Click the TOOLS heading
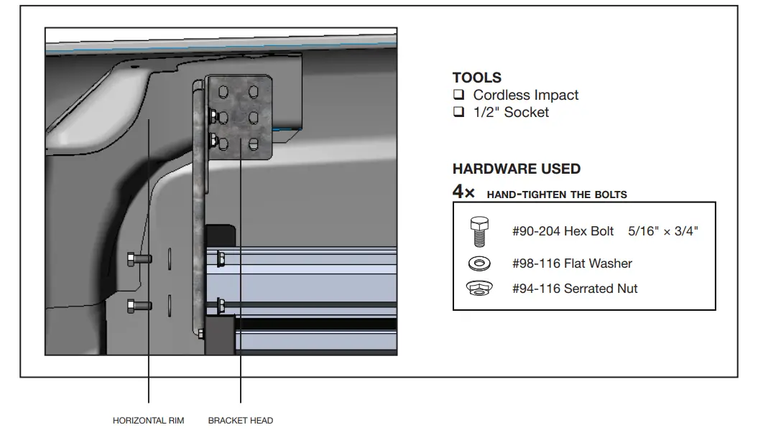pyautogui.click(x=476, y=78)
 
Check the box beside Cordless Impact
pyautogui.click(x=458, y=94)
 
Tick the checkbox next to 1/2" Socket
pyautogui.click(x=458, y=111)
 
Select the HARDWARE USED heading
pyautogui.click(x=517, y=169)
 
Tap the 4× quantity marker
pyautogui.click(x=463, y=192)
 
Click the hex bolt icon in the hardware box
pyautogui.click(x=479, y=232)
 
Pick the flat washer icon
pyautogui.click(x=479, y=263)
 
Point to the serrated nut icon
pyautogui.click(x=479, y=289)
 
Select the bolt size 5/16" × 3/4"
pyautogui.click(x=662, y=231)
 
